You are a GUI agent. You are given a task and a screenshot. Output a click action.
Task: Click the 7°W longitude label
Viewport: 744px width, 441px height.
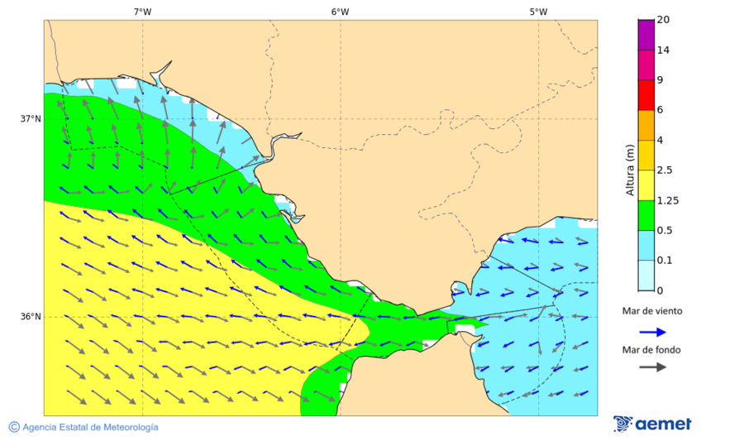(x=142, y=12)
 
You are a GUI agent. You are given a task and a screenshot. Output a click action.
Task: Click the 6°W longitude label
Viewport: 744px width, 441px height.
(x=340, y=12)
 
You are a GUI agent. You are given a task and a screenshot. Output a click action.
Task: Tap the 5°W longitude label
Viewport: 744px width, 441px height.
(x=538, y=12)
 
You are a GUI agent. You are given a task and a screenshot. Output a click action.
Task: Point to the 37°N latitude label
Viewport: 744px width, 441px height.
(x=31, y=118)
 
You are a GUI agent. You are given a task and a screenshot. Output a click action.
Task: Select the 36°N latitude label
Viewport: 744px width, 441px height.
(x=31, y=317)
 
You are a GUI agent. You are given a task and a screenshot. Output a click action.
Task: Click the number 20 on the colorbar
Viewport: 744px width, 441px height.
(x=663, y=20)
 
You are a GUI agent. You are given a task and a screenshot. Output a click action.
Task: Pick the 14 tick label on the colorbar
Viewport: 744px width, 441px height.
(x=663, y=50)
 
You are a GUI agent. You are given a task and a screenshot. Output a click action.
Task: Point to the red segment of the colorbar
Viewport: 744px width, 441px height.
(x=646, y=94)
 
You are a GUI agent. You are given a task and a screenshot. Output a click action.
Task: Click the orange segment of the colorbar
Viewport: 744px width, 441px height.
(x=646, y=125)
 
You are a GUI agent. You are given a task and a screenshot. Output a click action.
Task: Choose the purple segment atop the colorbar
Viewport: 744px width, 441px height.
(x=646, y=34)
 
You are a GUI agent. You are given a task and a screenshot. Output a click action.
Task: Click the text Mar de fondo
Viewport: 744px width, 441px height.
(x=652, y=350)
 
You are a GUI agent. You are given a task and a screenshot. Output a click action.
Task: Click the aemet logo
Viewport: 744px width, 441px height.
(x=653, y=424)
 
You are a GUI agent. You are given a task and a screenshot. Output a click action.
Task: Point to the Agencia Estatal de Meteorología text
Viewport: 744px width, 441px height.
(x=90, y=427)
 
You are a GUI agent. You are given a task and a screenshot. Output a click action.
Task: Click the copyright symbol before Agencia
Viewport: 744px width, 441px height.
(x=14, y=427)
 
